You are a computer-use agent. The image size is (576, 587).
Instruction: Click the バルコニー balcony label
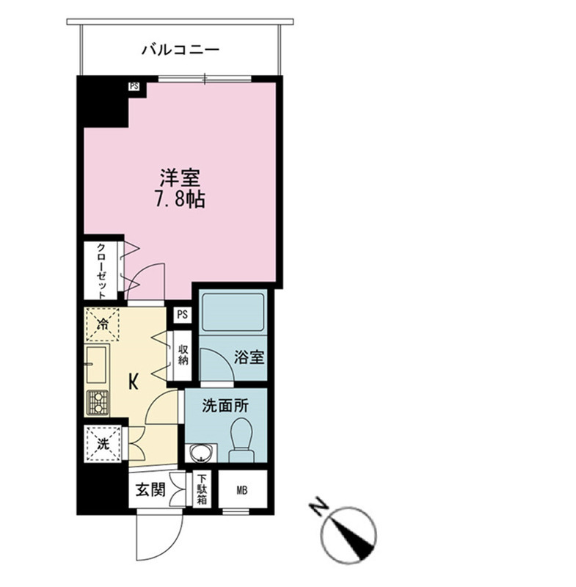click(x=180, y=50)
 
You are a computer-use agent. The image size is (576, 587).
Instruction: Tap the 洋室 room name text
click(x=180, y=178)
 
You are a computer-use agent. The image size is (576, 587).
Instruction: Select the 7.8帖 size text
click(x=180, y=200)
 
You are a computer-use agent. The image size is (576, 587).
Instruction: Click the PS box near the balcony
click(x=134, y=86)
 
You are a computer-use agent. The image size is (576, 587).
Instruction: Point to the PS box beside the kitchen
click(x=183, y=315)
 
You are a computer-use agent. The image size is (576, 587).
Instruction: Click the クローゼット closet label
click(x=101, y=271)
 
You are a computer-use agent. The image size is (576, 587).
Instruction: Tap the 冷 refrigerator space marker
click(x=102, y=324)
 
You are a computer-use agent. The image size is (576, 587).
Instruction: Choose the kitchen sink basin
click(x=97, y=364)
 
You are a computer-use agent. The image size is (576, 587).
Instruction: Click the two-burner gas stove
click(x=98, y=403)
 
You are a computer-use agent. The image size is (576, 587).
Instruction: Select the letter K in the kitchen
click(x=134, y=382)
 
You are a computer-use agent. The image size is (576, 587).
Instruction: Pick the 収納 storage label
click(x=183, y=355)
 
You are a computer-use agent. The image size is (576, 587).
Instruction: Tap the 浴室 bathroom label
click(x=249, y=357)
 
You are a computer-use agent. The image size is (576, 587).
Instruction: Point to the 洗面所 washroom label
click(x=225, y=406)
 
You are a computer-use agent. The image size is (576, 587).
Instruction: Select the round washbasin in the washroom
click(x=203, y=453)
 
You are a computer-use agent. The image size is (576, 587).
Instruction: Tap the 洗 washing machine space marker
click(x=103, y=444)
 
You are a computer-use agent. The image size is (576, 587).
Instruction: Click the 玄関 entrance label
click(x=150, y=489)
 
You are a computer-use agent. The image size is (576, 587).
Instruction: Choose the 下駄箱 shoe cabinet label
click(x=202, y=489)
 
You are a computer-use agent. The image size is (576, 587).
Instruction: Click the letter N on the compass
click(x=319, y=506)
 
